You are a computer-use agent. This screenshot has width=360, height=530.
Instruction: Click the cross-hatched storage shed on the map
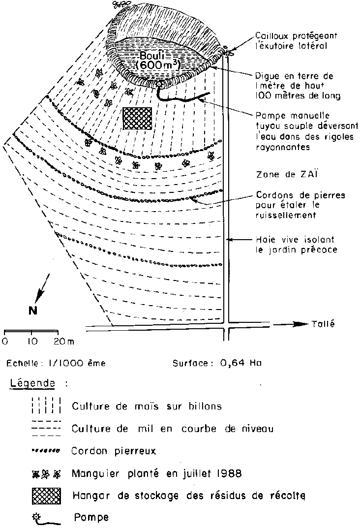pos(137,119)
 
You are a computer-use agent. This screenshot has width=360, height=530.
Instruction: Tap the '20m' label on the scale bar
pos(63,341)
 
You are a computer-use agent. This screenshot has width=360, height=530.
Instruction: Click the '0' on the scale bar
pos(5,341)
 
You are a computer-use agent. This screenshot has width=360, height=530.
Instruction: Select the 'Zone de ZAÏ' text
pos(280,175)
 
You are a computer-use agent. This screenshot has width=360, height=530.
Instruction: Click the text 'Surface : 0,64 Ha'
pos(217,364)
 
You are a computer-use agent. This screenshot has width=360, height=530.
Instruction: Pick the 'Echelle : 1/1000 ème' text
pos(56,364)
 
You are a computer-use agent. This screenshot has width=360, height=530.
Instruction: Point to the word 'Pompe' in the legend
pos(91,518)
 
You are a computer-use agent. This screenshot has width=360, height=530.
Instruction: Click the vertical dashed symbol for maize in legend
pos(45,406)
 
